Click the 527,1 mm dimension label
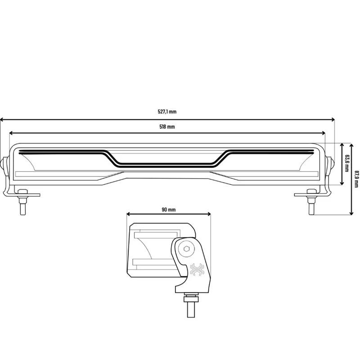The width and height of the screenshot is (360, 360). [x=167, y=112]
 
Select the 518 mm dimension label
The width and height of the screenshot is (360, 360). [x=167, y=127]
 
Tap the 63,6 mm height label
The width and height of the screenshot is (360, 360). [x=346, y=163]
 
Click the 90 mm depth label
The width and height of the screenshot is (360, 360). [x=169, y=210]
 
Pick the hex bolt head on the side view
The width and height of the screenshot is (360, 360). [x=186, y=249]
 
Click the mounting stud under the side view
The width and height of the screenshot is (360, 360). [x=191, y=310]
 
